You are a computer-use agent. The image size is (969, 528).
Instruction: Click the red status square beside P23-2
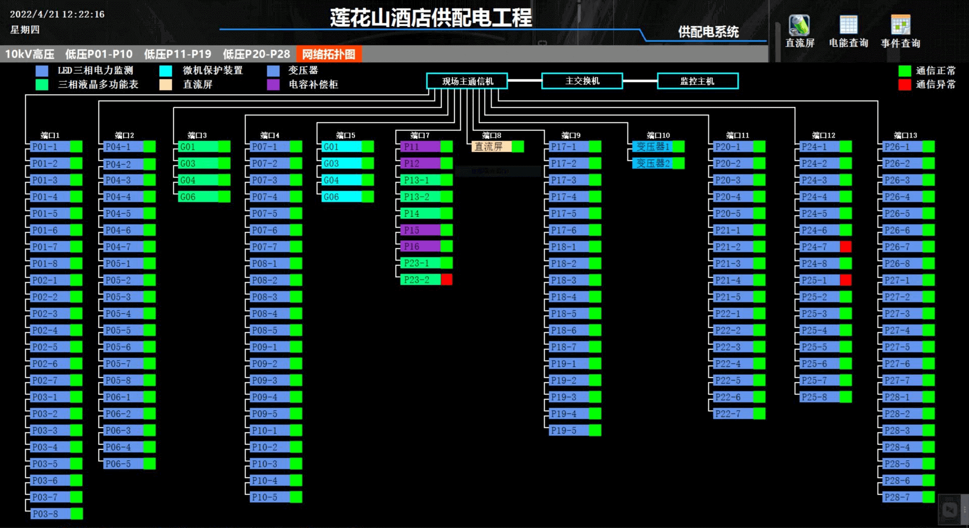[447, 280]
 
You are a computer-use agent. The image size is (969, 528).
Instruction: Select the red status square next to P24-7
[846, 247]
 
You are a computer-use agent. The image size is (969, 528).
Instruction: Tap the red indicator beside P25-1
[846, 280]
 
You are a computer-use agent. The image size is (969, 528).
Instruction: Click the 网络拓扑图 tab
[328, 54]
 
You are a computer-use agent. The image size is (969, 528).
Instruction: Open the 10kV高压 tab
[30, 54]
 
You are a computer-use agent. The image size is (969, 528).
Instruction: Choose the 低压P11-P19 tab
[177, 54]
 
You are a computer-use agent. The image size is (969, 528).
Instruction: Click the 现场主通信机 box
[467, 81]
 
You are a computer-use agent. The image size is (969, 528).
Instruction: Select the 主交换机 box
[582, 81]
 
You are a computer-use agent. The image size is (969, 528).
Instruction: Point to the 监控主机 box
[697, 81]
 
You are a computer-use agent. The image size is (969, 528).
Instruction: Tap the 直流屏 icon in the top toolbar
[799, 31]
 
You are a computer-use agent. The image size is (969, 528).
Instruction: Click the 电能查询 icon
[848, 31]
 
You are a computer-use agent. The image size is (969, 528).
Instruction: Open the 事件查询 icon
[900, 31]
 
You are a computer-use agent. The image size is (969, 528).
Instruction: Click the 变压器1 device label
[652, 147]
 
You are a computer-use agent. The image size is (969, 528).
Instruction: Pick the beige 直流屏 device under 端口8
[491, 147]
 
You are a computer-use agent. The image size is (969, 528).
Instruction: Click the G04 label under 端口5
[341, 180]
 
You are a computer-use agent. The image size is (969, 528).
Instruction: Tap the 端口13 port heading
[905, 135]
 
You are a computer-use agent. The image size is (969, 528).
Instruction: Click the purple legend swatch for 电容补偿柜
[273, 84]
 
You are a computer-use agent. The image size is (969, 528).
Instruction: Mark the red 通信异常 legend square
[904, 84]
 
